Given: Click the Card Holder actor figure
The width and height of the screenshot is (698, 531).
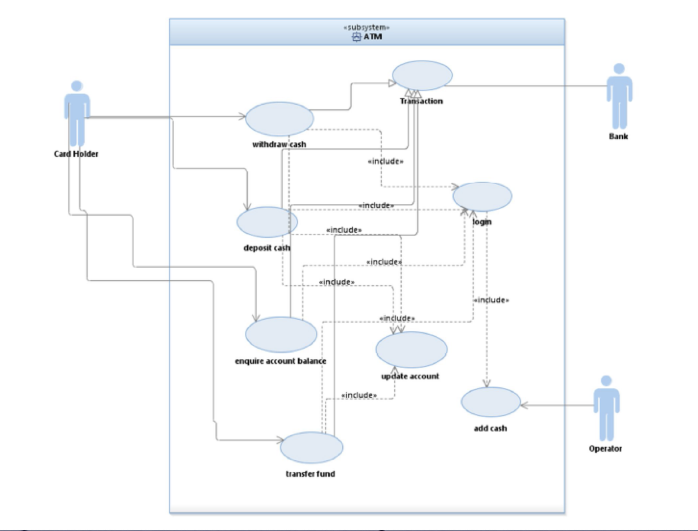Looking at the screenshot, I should coord(77,113).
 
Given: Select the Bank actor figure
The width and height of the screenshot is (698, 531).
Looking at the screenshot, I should coord(619,96).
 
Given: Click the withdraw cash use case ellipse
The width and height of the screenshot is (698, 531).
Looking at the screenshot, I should coord(280,119).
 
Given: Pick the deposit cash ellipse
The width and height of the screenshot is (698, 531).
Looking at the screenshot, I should coord(267,222).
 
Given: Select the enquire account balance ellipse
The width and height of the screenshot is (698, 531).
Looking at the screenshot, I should coord(281,334).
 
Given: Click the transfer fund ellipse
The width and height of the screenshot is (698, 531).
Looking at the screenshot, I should coord(311,447).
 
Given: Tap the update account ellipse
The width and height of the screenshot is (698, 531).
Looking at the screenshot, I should coord(411,350).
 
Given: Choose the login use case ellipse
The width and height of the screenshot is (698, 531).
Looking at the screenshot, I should coord(482,196).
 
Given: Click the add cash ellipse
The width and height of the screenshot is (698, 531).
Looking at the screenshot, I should coord(490,402).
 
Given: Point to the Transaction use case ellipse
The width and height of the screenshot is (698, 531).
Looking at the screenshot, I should coord(423,75).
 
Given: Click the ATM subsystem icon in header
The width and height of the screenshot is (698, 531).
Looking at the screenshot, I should coord(356,37).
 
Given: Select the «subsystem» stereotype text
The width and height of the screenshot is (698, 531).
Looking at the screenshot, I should coord(367,28).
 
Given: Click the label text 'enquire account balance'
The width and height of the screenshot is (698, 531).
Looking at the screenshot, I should coord(281,361).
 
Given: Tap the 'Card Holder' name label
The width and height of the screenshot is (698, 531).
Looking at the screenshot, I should coord(76,153).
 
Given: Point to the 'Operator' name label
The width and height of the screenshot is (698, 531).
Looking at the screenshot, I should coord(605,448).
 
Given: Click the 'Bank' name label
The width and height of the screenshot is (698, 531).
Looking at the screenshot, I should coord(618,136).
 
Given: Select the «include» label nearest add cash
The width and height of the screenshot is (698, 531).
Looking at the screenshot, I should coord(491,300).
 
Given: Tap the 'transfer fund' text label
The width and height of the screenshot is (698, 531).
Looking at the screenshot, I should coord(310,474).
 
